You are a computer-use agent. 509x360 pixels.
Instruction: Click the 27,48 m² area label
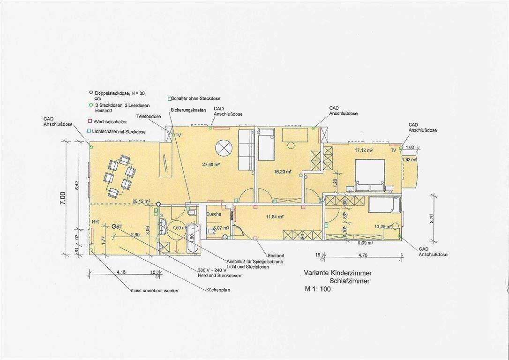point(211,165)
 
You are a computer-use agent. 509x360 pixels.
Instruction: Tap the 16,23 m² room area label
point(283,172)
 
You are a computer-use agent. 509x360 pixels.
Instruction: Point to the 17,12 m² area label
point(363,150)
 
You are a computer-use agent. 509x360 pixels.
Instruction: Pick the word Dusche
point(214,214)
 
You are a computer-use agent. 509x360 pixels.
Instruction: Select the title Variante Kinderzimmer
point(335,273)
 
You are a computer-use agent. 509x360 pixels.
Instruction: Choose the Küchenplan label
point(218,290)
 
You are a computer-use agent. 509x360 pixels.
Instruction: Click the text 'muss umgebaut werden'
point(154,291)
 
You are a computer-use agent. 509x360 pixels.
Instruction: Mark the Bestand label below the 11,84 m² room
point(276,255)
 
